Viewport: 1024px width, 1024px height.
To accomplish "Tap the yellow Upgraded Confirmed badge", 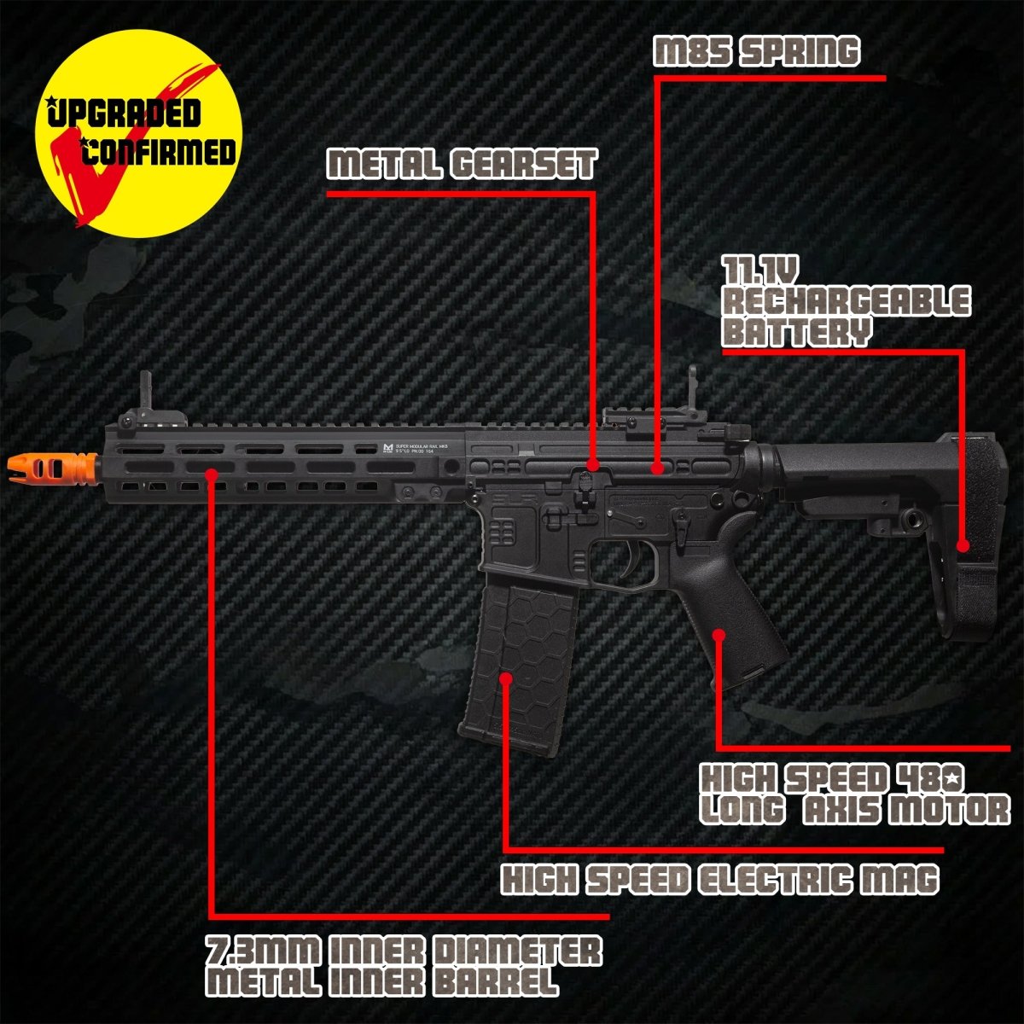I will pos(138,133).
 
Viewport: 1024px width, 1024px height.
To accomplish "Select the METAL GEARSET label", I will pos(462,164).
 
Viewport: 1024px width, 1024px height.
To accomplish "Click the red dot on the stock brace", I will pos(963,545).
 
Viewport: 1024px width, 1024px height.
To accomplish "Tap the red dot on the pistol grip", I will pos(719,635).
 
